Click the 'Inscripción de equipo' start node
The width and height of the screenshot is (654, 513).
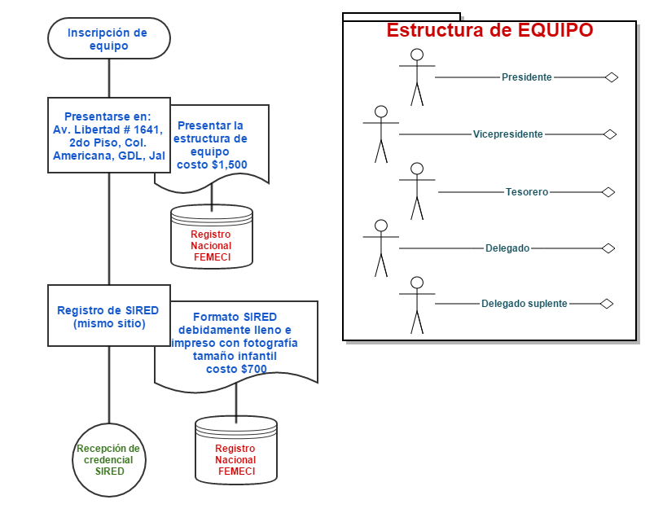coord(109,38)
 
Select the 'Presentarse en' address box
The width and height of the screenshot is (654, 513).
coord(109,135)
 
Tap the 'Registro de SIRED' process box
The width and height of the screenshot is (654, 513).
coord(109,316)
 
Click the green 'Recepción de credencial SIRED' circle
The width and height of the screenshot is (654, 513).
coord(109,460)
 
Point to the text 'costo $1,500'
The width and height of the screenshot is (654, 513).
coord(212,164)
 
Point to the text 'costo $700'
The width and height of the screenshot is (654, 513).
coord(236,369)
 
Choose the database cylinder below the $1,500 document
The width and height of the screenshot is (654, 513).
coord(212,236)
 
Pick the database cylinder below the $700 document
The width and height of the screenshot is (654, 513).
coord(236,450)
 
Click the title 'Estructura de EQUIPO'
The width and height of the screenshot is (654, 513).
coord(489,30)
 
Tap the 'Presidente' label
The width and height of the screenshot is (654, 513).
coord(526,77)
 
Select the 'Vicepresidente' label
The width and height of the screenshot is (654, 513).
coord(507,134)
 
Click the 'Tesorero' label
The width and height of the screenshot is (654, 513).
coord(527,192)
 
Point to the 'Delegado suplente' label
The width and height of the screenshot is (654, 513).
coord(524,304)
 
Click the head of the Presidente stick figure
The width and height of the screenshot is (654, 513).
coord(417,55)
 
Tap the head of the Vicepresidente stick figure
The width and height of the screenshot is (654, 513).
coord(381,112)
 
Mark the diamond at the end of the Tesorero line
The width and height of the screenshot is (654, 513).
coord(608,192)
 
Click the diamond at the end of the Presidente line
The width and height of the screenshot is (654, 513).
coord(612,77)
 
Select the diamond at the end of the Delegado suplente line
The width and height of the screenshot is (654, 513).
coord(607,304)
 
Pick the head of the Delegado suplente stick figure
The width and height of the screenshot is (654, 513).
coord(417,283)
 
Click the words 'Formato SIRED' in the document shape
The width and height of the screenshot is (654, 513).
coord(235,317)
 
